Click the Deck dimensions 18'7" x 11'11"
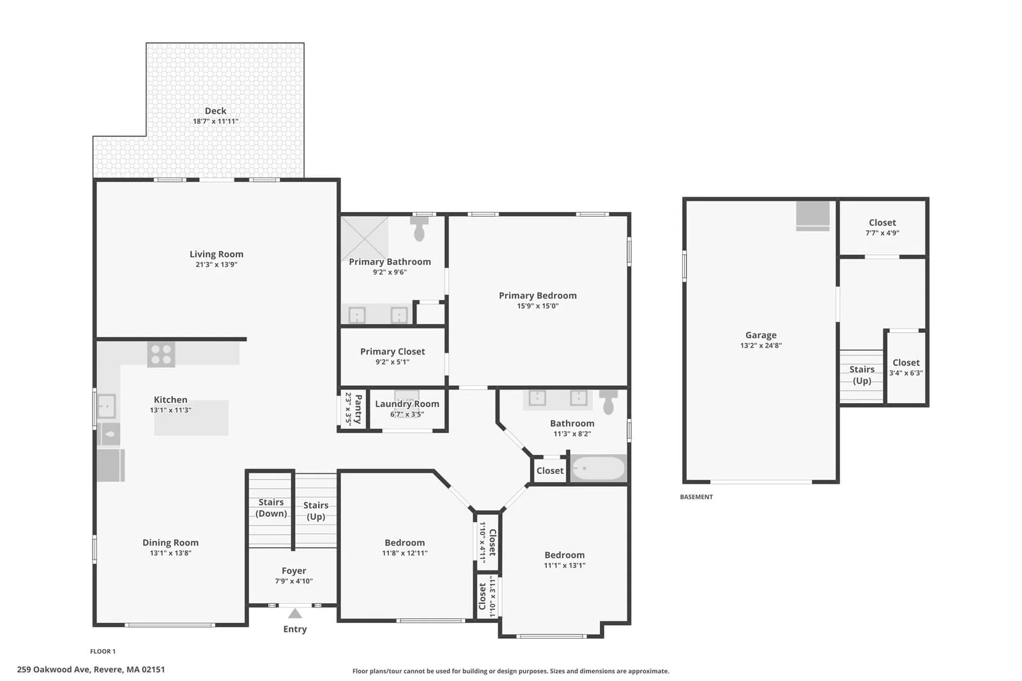pyautogui.click(x=215, y=121)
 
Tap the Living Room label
pyautogui.click(x=217, y=254)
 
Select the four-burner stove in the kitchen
pyautogui.click(x=161, y=355)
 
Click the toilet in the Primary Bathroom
pyautogui.click(x=419, y=228)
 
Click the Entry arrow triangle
pyautogui.click(x=294, y=613)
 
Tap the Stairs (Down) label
pyautogui.click(x=271, y=507)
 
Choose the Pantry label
pyautogui.click(x=358, y=409)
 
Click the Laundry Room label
pyautogui.click(x=407, y=404)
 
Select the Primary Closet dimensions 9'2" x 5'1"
pyautogui.click(x=392, y=362)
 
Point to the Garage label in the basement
pyautogui.click(x=761, y=335)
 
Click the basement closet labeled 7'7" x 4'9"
pyautogui.click(x=882, y=227)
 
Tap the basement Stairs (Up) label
pyautogui.click(x=862, y=375)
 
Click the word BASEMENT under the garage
pyautogui.click(x=696, y=497)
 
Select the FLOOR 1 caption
pyautogui.click(x=103, y=652)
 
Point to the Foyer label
pyautogui.click(x=294, y=570)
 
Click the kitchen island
pyautogui.click(x=191, y=418)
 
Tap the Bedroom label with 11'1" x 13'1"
pyautogui.click(x=565, y=555)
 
